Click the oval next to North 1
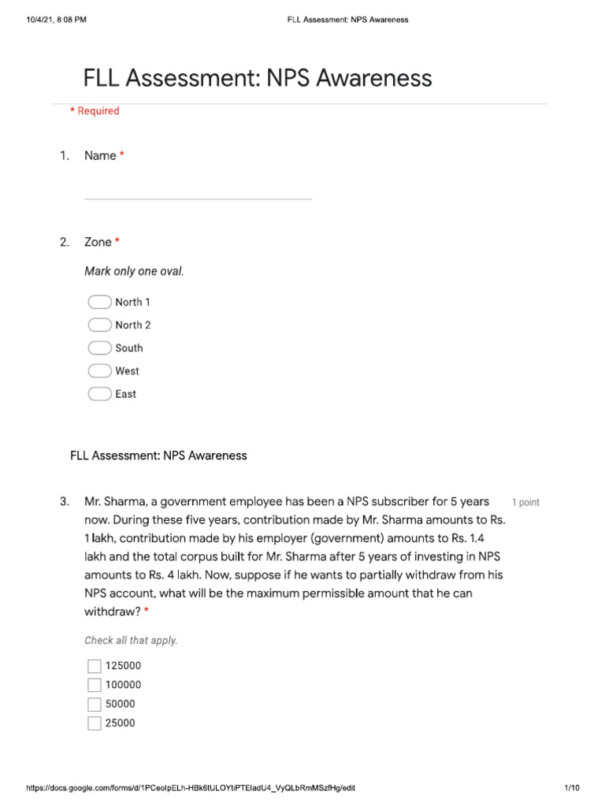99,302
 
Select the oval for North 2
99,325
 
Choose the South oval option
99,348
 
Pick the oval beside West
99,371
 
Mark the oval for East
99,394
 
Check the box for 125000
95,666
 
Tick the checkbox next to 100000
95,685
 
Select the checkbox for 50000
95,705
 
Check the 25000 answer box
95,723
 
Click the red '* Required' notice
95,111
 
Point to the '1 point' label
525,502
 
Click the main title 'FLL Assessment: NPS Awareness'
258,78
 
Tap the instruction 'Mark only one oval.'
134,272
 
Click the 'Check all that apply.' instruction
131,641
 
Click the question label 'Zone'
98,242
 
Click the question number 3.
64,501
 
